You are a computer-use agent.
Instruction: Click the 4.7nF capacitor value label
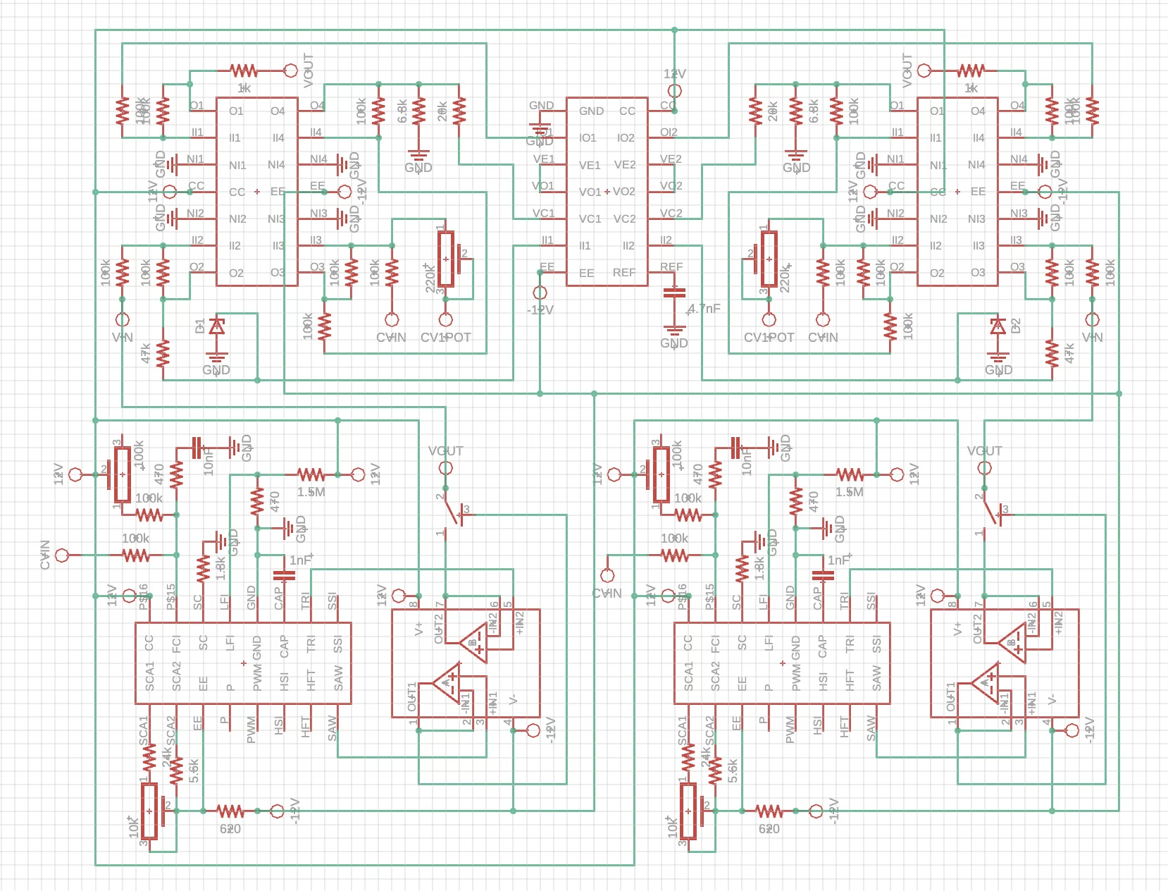pyautogui.click(x=704, y=309)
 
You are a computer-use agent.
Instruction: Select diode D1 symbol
pyautogui.click(x=217, y=326)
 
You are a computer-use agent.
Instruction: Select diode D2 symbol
pyautogui.click(x=998, y=326)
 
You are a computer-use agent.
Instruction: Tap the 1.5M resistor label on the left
pyautogui.click(x=311, y=492)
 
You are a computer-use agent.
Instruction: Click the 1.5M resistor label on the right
pyautogui.click(x=850, y=492)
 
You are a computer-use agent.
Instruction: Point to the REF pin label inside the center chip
pyautogui.click(x=623, y=272)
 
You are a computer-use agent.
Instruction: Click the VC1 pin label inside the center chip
pyautogui.click(x=590, y=219)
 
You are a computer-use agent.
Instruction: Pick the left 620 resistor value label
pyautogui.click(x=230, y=829)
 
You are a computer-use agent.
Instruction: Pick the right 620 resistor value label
pyautogui.click(x=769, y=829)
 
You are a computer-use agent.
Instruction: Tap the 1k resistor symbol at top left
pyautogui.click(x=244, y=70)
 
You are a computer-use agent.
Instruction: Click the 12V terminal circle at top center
pyautogui.click(x=674, y=91)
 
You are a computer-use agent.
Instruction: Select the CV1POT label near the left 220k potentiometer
pyautogui.click(x=445, y=338)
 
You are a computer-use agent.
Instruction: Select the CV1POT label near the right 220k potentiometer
pyautogui.click(x=769, y=338)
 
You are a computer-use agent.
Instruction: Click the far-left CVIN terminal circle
pyautogui.click(x=62, y=555)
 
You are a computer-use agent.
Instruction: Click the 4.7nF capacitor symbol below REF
pyautogui.click(x=674, y=293)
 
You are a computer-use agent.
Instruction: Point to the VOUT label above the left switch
pyautogui.click(x=445, y=451)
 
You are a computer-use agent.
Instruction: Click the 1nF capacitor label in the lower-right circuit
pyautogui.click(x=839, y=560)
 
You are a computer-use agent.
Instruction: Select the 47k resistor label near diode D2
pyautogui.click(x=1069, y=354)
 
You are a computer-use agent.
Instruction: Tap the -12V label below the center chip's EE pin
pyautogui.click(x=540, y=310)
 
